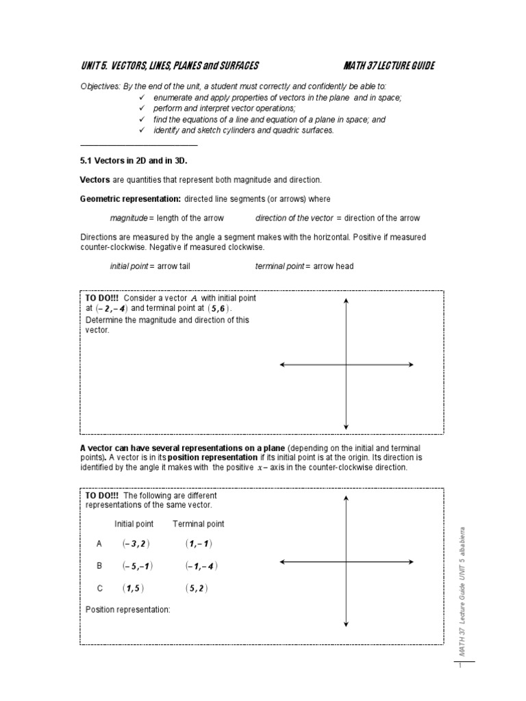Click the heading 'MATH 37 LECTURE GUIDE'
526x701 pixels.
click(389, 66)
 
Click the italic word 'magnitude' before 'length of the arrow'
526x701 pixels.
click(129, 218)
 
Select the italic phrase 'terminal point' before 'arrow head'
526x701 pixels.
click(278, 266)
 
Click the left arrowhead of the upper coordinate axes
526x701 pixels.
click(282, 365)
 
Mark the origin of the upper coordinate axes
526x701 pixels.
click(347, 365)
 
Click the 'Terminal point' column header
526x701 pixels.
click(198, 524)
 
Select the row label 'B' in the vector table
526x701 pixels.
click(100, 566)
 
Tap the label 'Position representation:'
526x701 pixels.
click(127, 609)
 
